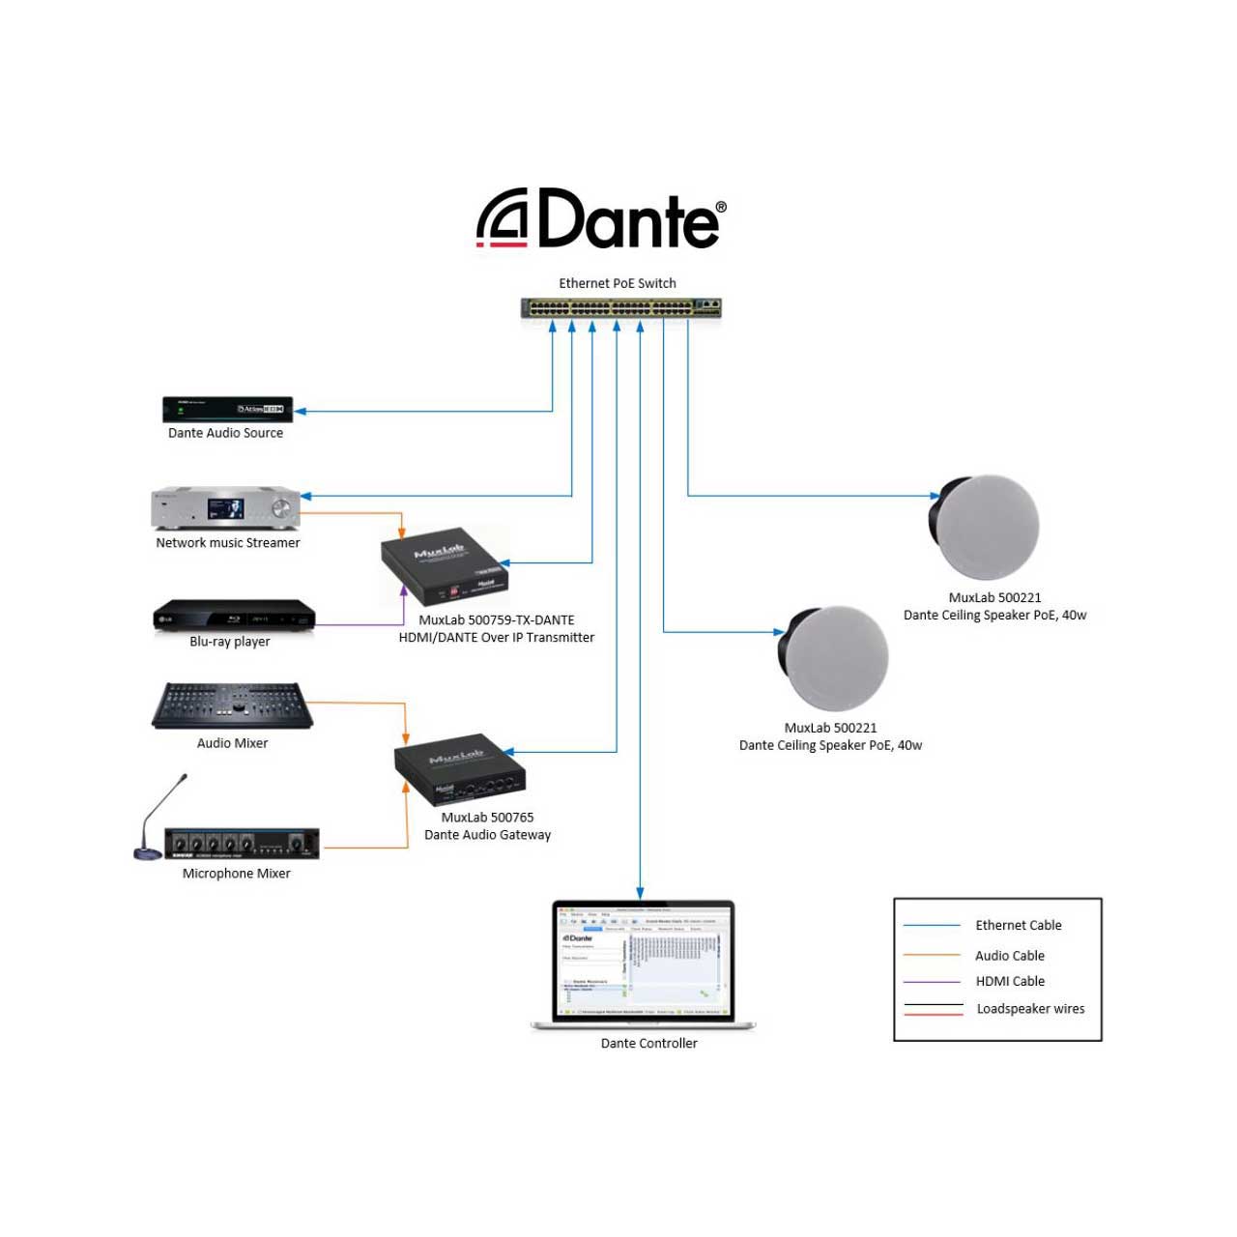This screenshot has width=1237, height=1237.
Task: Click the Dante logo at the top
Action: [x=601, y=218]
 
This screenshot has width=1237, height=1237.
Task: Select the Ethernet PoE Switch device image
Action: [x=621, y=308]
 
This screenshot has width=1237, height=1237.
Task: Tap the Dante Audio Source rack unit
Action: [x=227, y=410]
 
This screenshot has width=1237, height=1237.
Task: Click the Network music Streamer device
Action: [x=225, y=508]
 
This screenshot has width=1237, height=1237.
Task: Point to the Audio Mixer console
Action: [x=232, y=706]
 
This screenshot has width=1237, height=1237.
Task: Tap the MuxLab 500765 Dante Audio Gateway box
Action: [x=460, y=769]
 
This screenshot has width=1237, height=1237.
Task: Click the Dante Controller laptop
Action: [x=644, y=964]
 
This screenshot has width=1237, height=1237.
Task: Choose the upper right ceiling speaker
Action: [x=984, y=528]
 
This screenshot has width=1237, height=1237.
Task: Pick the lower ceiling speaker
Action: [x=833, y=658]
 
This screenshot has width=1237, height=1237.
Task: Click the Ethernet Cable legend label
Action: [x=1018, y=925]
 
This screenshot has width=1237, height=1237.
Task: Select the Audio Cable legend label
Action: [x=1009, y=956]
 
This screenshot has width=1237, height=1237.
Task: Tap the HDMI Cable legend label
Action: [x=1010, y=981]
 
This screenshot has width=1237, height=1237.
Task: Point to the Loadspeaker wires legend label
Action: [x=1030, y=1009]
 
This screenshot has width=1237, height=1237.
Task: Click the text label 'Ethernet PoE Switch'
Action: [x=618, y=283]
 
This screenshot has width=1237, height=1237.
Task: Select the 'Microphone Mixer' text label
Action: [x=237, y=874]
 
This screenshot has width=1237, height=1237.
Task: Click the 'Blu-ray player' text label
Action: [x=230, y=642]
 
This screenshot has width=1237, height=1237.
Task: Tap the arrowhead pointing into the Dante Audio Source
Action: [x=301, y=411]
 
